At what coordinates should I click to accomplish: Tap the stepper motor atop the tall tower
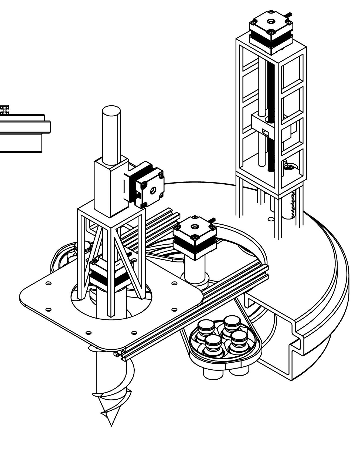click(x=270, y=31)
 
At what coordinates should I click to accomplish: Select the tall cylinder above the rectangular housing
click(x=111, y=135)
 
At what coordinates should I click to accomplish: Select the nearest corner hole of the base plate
click(x=89, y=332)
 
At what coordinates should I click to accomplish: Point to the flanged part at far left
click(x=24, y=132)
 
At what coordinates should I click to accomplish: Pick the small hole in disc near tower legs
click(x=270, y=219)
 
